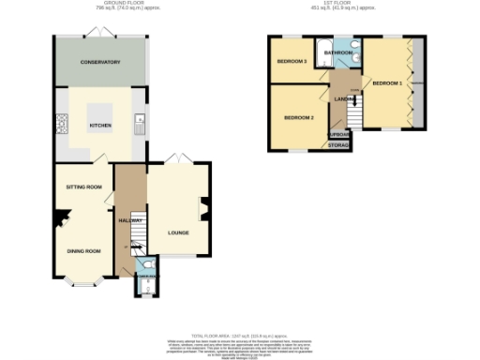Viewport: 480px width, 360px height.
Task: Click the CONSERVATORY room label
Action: tap(100, 62)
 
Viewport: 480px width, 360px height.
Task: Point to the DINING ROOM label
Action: tap(82, 250)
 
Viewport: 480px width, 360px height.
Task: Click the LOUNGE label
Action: tap(179, 232)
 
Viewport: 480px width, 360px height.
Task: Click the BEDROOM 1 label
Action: tap(387, 83)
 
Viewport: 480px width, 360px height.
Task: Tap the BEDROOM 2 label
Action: tap(299, 117)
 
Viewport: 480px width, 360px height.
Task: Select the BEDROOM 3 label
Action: tap(292, 62)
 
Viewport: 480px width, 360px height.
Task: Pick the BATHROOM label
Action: tap(338, 53)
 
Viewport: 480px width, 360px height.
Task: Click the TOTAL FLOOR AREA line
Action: tap(240, 334)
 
